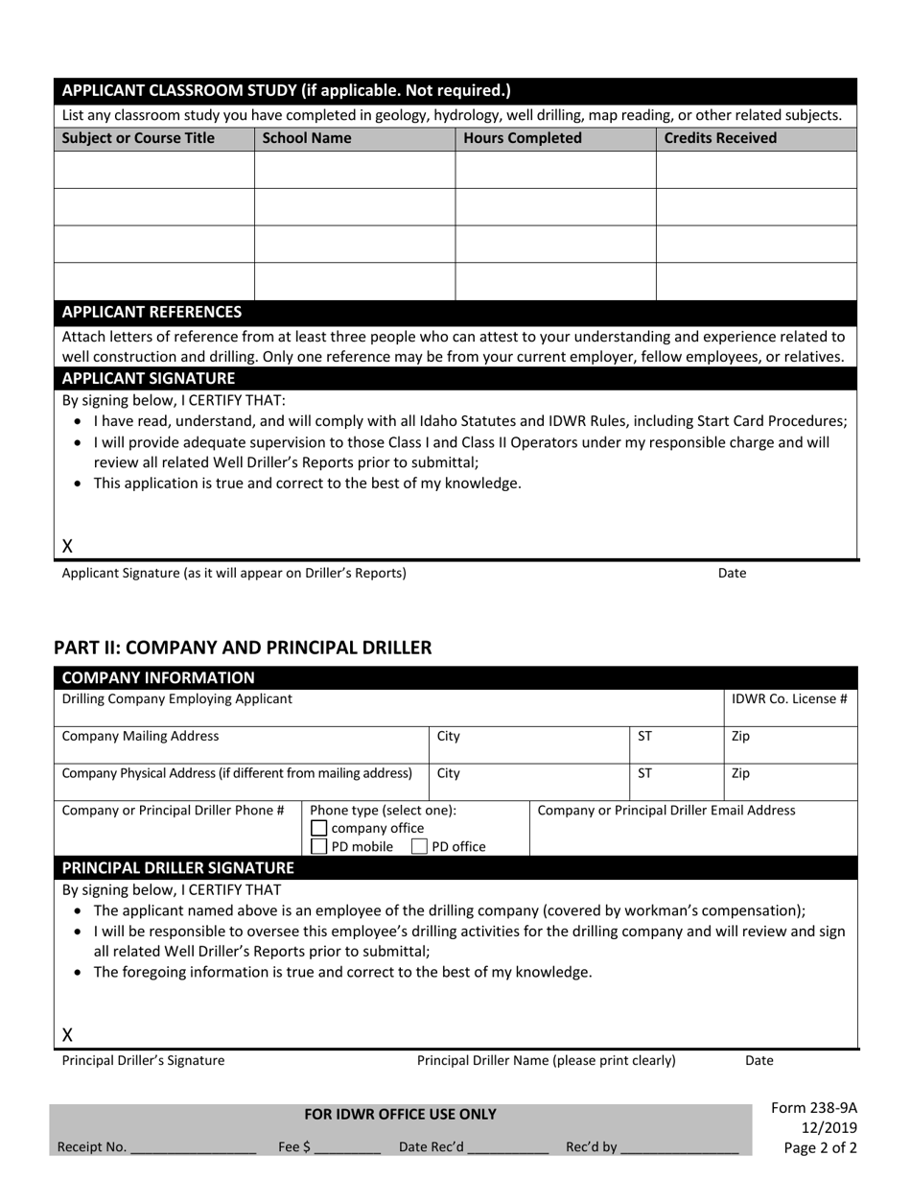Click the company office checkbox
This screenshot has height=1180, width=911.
[x=319, y=829]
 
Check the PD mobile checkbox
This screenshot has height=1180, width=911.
[x=319, y=847]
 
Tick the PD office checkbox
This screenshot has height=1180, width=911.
[x=419, y=847]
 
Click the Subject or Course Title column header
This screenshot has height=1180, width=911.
[x=138, y=138]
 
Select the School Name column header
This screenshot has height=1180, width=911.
[x=307, y=138]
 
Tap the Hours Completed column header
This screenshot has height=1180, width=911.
[x=523, y=138]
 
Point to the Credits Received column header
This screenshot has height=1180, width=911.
[x=720, y=138]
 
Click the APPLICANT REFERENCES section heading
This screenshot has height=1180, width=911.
[x=152, y=312]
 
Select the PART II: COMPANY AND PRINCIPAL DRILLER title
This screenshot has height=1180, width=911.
[x=243, y=648]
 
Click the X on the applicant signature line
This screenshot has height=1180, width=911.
[x=68, y=546]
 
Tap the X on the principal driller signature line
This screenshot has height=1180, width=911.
[x=68, y=1035]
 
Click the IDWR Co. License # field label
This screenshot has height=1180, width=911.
[x=789, y=699]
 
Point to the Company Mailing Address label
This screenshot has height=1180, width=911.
[x=140, y=737]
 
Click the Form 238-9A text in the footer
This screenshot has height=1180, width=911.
[x=814, y=1108]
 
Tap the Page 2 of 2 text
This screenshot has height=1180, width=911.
[x=821, y=1147]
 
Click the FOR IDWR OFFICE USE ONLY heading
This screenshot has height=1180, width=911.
[x=401, y=1114]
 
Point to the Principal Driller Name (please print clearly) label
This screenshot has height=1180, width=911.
[x=546, y=1061]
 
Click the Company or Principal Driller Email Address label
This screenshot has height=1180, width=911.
[x=666, y=811]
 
